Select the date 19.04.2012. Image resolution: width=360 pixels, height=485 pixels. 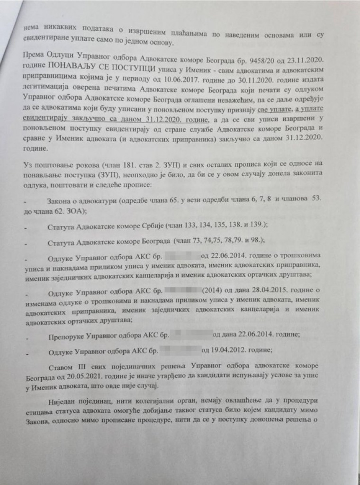(227, 351)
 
